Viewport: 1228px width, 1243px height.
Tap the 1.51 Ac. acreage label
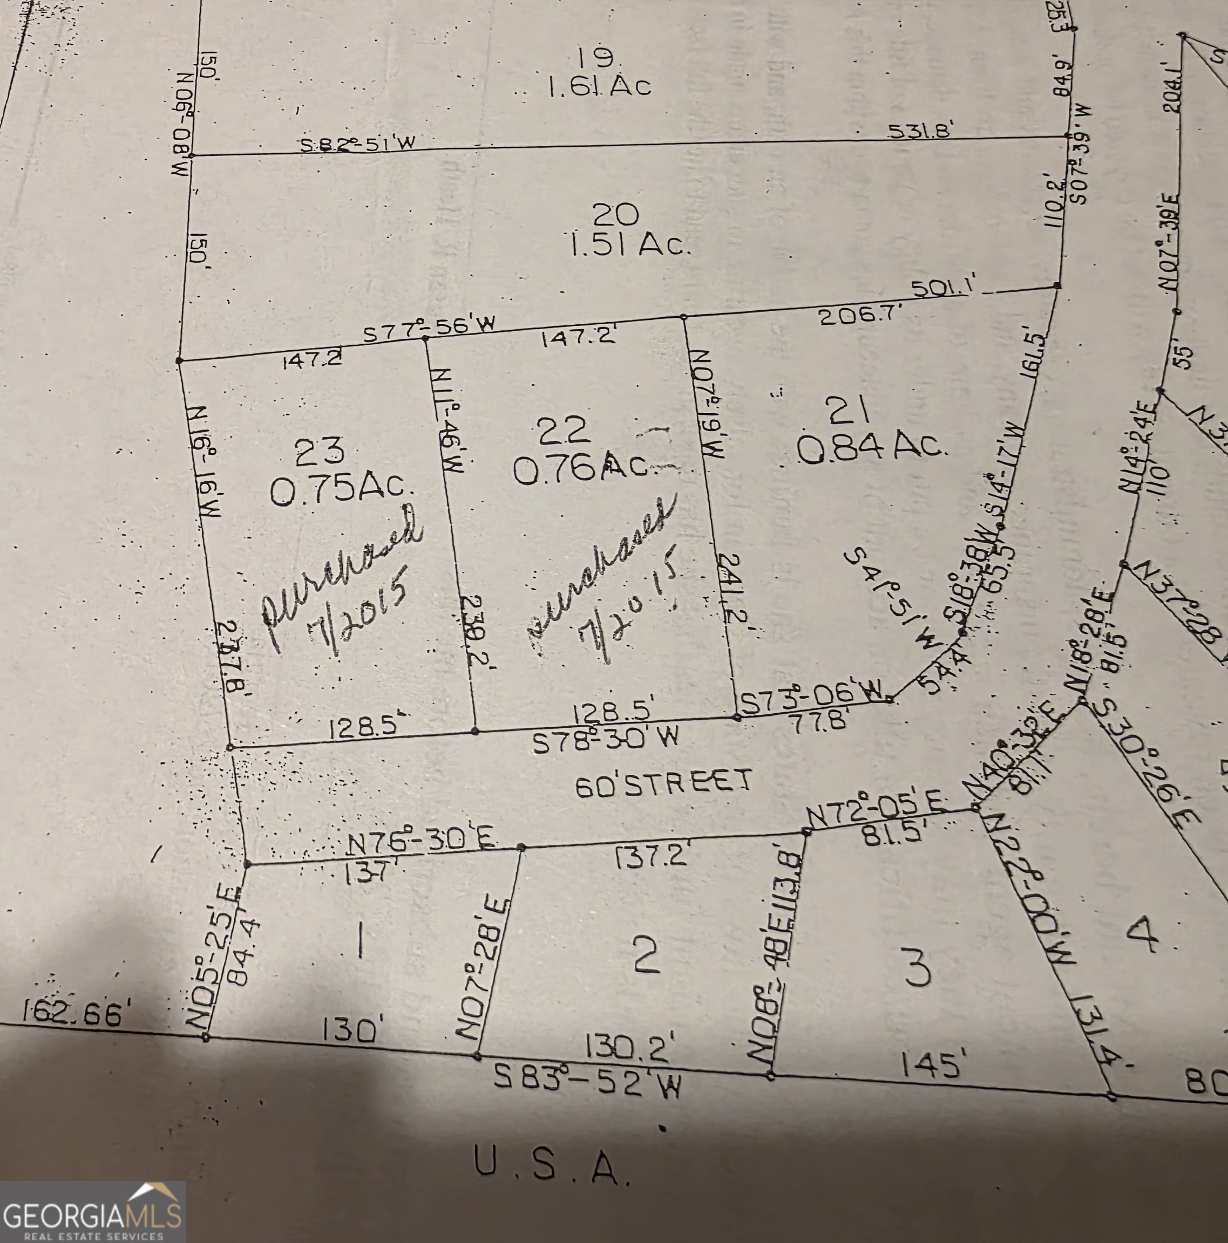coord(630,245)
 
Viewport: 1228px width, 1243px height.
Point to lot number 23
coord(318,452)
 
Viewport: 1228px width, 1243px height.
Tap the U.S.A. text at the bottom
coord(552,1165)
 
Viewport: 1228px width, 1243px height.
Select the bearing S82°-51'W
coord(357,144)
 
